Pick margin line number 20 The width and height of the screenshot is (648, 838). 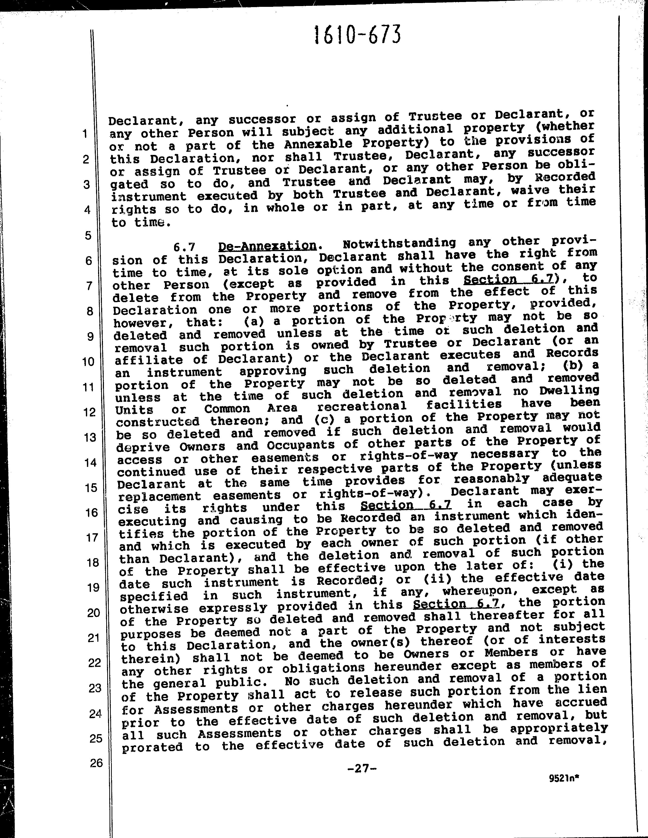click(x=93, y=613)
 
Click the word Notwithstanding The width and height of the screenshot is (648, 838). click(x=399, y=243)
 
